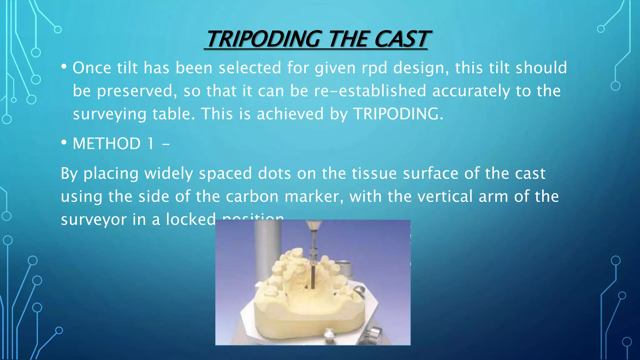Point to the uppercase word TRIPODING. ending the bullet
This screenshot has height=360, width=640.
pos(398,114)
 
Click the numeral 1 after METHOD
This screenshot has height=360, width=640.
pos(151,144)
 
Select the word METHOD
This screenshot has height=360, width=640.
pos(107,144)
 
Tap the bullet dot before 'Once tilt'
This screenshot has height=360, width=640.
pos(64,67)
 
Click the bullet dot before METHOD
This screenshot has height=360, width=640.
pos(64,143)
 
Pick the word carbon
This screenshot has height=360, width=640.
pos(252,197)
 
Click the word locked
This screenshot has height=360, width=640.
pos(191,219)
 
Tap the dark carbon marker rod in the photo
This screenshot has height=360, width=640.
pos(313,275)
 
